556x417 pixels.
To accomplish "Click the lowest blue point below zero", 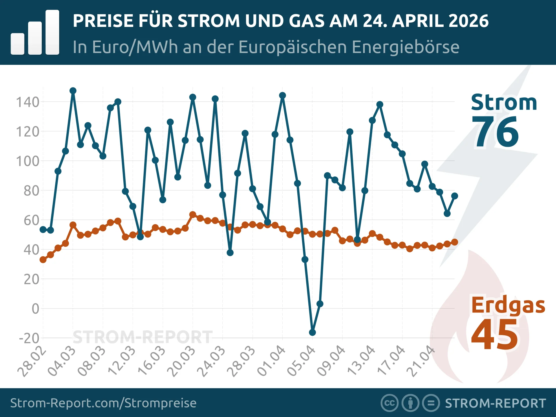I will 312,332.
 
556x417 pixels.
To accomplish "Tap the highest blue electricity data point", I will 73,91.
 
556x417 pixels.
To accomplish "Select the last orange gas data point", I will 455,242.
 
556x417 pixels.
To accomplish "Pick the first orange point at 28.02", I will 43,259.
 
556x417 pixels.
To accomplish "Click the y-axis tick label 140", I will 28,102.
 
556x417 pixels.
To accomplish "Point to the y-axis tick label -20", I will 29,338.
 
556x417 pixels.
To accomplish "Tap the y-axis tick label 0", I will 35,309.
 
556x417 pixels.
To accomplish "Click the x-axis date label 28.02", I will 32,361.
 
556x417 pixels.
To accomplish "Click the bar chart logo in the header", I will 35,32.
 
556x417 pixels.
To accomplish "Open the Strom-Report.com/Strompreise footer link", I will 103,403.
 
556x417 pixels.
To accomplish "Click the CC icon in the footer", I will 389,403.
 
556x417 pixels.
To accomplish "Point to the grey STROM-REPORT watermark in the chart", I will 142,337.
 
